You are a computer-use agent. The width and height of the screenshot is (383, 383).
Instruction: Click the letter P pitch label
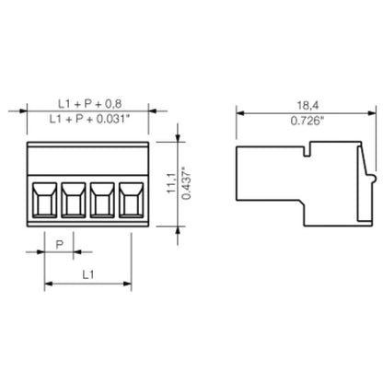pos(60,243)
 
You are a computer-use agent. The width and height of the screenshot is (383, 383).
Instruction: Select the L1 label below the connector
pos(87,273)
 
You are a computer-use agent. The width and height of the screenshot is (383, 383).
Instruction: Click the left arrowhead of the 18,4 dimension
pos(240,112)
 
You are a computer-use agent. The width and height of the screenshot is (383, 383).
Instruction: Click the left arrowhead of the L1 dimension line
pos(48,283)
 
